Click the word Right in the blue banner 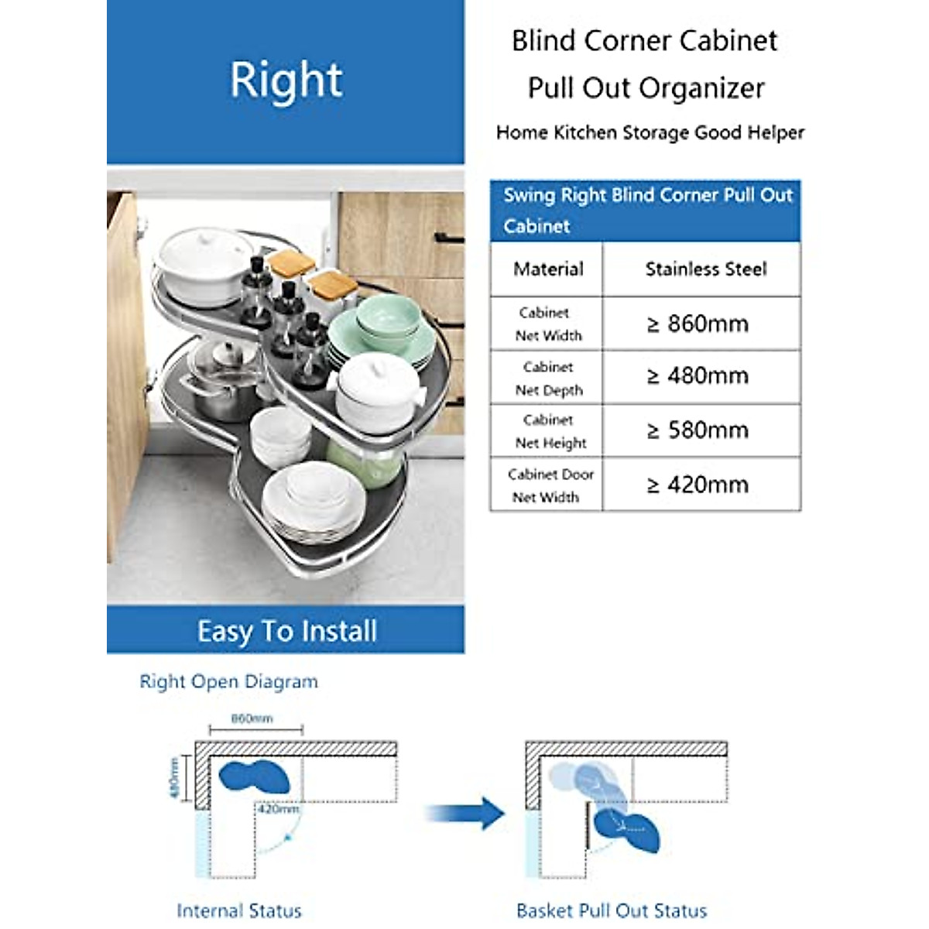click(286, 81)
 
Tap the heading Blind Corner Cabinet click(644, 41)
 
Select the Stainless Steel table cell click(705, 269)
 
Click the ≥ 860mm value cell click(698, 324)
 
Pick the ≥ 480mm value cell click(698, 376)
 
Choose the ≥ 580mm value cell click(698, 430)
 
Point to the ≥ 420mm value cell click(698, 485)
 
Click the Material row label click(548, 269)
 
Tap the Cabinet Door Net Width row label click(549, 485)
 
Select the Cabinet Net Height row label click(549, 431)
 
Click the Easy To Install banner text click(286, 631)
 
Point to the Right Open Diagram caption click(228, 682)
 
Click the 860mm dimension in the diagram click(252, 719)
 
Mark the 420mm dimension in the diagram click(279, 809)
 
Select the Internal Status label click(239, 910)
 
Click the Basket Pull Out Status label click(612, 910)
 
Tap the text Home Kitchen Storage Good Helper click(650, 133)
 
